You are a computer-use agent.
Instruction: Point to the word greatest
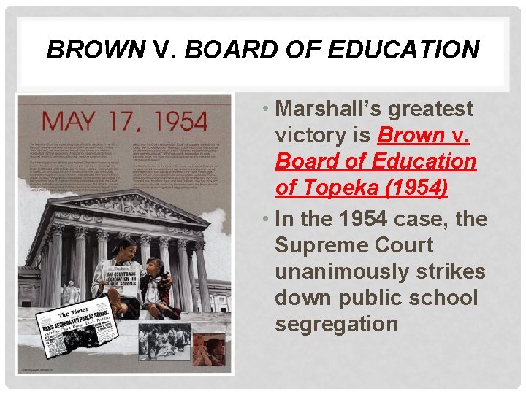[431, 109]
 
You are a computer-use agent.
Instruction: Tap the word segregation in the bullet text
[337, 324]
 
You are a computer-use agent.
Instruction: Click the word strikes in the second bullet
[453, 271]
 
